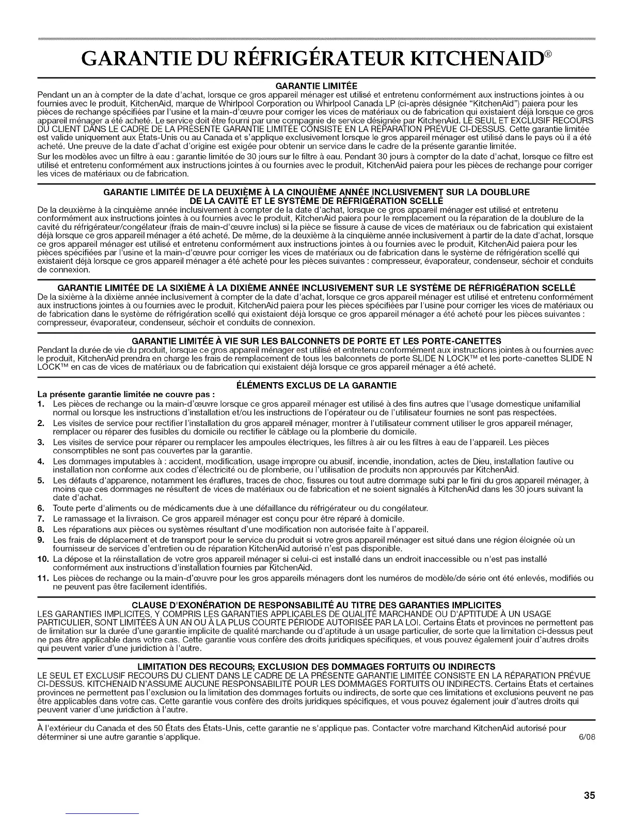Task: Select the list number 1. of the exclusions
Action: point(41,403)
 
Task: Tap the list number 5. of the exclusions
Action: point(41,480)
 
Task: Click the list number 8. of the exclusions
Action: point(41,529)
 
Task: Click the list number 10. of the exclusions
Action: point(42,559)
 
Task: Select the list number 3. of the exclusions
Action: point(41,442)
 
